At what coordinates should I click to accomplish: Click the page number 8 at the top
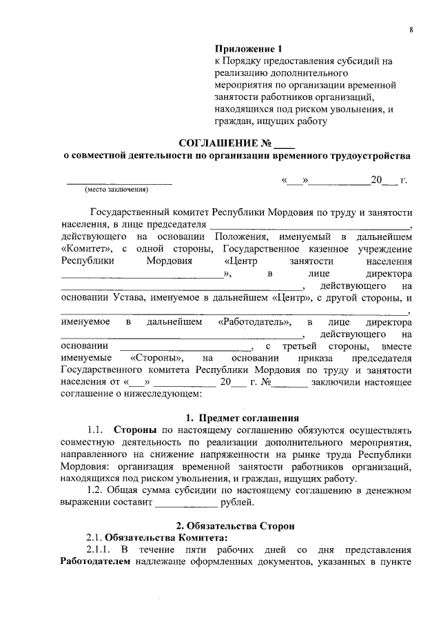coord(411,30)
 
